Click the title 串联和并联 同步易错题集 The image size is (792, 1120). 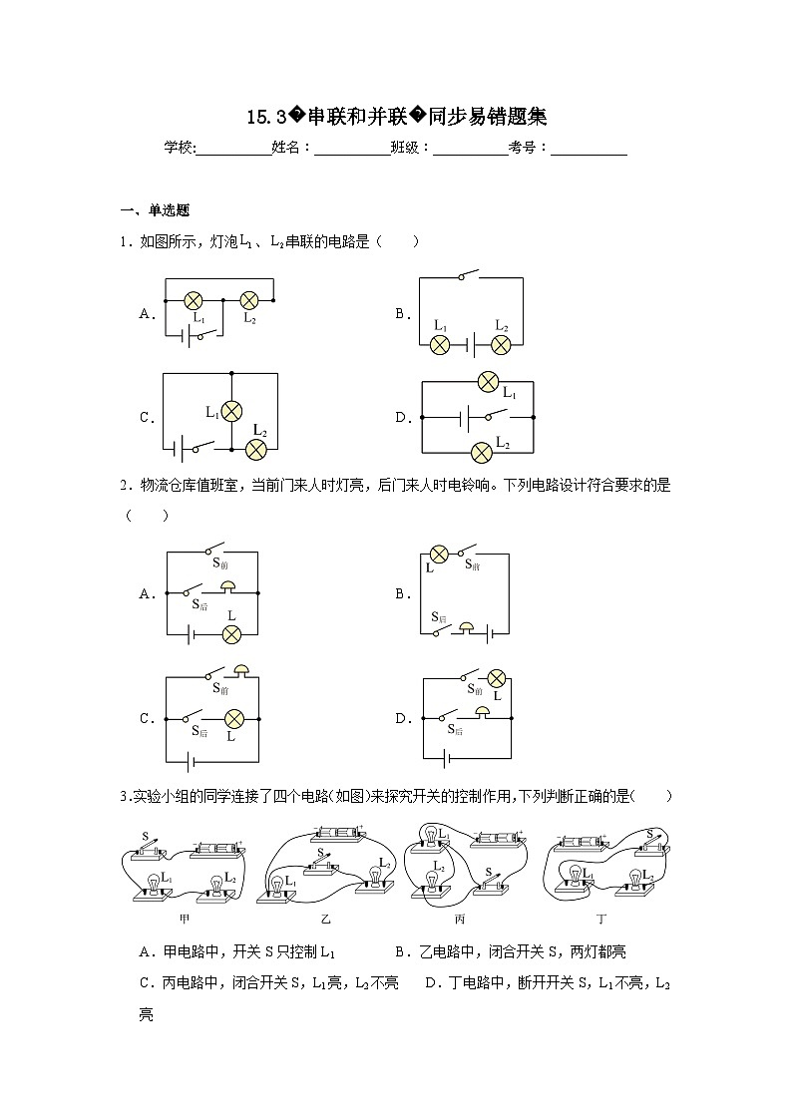[397, 117]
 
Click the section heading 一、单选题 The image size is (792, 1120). [155, 210]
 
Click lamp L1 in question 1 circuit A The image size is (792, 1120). [196, 299]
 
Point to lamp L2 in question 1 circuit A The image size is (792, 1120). [248, 299]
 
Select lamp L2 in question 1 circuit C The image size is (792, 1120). [256, 448]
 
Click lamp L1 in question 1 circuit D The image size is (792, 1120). [488, 380]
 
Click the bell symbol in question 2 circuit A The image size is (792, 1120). [229, 586]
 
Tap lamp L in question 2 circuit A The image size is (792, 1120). [231, 634]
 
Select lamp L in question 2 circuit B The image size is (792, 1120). [437, 555]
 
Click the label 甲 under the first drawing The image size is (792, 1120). [184, 918]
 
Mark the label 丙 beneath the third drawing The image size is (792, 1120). [460, 918]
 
